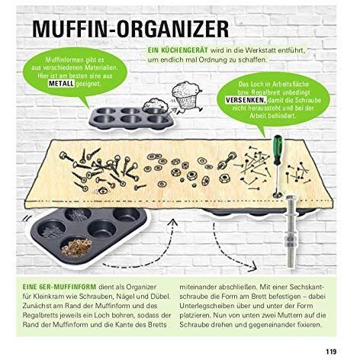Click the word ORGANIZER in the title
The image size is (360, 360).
[x=172, y=29]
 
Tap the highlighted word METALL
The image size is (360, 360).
[x=61, y=84]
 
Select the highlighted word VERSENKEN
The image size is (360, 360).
[x=246, y=100]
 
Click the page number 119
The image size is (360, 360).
[x=331, y=352]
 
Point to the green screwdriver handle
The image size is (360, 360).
[x=278, y=149]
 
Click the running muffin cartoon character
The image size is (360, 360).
[x=187, y=97]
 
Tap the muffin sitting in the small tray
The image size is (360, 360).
[x=155, y=105]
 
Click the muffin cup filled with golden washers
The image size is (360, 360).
[x=76, y=247]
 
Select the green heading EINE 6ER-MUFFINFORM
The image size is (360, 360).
[x=59, y=287]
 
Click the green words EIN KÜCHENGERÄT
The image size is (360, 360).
[x=178, y=50]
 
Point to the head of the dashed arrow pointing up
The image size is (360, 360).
[x=174, y=223]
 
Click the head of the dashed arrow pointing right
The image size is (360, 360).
[x=252, y=267]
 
